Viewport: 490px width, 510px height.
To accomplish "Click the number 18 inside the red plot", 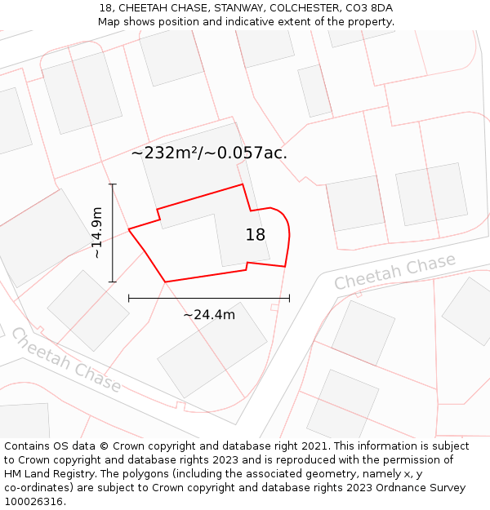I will (x=256, y=235).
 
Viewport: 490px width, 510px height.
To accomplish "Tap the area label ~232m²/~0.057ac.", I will (x=209, y=153).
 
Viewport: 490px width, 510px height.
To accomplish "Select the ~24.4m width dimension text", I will (x=209, y=315).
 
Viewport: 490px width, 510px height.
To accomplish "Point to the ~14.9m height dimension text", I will (x=97, y=233).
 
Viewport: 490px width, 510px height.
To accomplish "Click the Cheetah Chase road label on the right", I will (x=394, y=273).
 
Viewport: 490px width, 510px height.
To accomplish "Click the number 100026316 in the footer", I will (x=34, y=502).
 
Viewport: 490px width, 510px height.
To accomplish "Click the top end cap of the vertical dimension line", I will (x=113, y=184).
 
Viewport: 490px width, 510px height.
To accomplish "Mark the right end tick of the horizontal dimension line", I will (x=289, y=299).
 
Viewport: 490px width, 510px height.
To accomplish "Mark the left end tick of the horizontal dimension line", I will (x=129, y=299).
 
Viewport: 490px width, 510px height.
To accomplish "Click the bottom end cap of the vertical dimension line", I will (x=113, y=282).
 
